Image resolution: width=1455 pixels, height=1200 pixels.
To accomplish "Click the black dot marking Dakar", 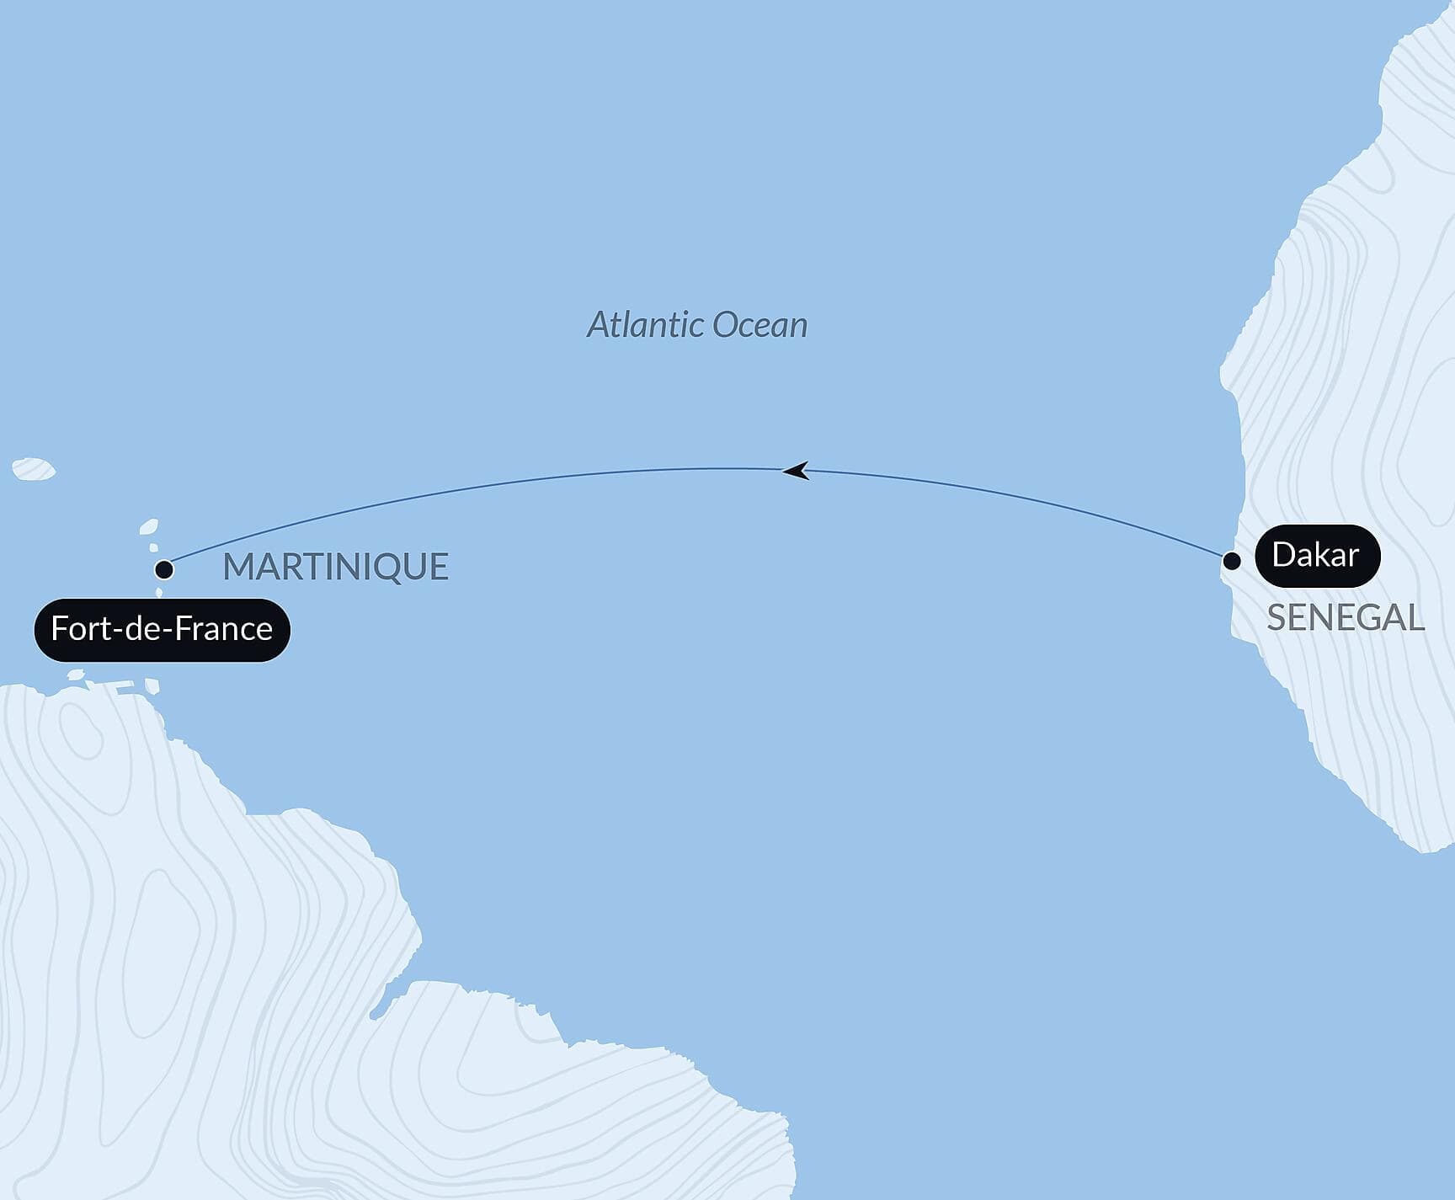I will point(1231,561).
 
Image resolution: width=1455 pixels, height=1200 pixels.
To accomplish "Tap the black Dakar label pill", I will point(1317,556).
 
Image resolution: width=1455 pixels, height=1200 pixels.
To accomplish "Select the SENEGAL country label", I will point(1345,618).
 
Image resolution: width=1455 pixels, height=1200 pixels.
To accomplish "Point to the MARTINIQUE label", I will point(335,567).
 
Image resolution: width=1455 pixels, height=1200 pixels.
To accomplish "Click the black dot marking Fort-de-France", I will point(164,570).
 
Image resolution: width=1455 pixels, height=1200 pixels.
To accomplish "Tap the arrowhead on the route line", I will point(796,471).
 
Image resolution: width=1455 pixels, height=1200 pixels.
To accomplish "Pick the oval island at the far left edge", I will point(34,469).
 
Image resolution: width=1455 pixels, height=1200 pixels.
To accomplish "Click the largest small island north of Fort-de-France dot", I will point(148,528).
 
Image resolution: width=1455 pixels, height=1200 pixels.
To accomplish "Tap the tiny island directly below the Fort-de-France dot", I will point(158,592).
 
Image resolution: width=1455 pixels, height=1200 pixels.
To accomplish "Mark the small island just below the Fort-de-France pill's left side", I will point(76,674).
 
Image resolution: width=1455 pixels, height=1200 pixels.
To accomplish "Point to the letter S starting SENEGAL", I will point(1276,618).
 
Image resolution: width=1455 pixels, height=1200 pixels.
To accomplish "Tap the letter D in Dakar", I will point(1283,556).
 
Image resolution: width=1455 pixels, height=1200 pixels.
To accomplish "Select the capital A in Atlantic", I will point(599,325).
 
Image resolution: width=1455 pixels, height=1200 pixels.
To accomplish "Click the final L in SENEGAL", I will point(1415,618).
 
